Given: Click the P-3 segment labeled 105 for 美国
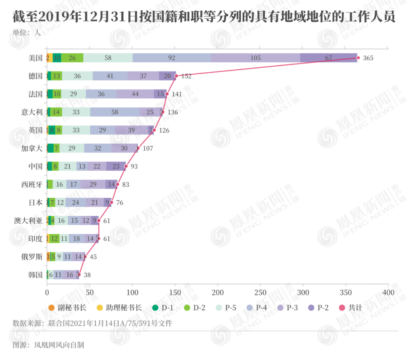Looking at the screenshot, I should (256, 58).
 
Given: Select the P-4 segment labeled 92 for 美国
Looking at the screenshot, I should (172, 58).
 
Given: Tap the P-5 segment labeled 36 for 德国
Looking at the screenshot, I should (77, 76).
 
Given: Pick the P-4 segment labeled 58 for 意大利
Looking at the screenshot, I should (115, 112).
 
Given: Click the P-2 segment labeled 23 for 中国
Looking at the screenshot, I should (116, 166).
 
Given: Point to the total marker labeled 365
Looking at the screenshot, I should (358, 58).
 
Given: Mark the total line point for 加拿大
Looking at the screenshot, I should (138, 148).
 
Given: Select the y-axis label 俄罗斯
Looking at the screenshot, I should (32, 257).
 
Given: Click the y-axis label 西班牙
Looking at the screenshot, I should (32, 184).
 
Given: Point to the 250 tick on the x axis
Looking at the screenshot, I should (260, 293).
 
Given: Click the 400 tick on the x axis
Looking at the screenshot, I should (388, 293).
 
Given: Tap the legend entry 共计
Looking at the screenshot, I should (350, 307).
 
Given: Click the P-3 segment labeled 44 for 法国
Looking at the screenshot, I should (135, 94).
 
